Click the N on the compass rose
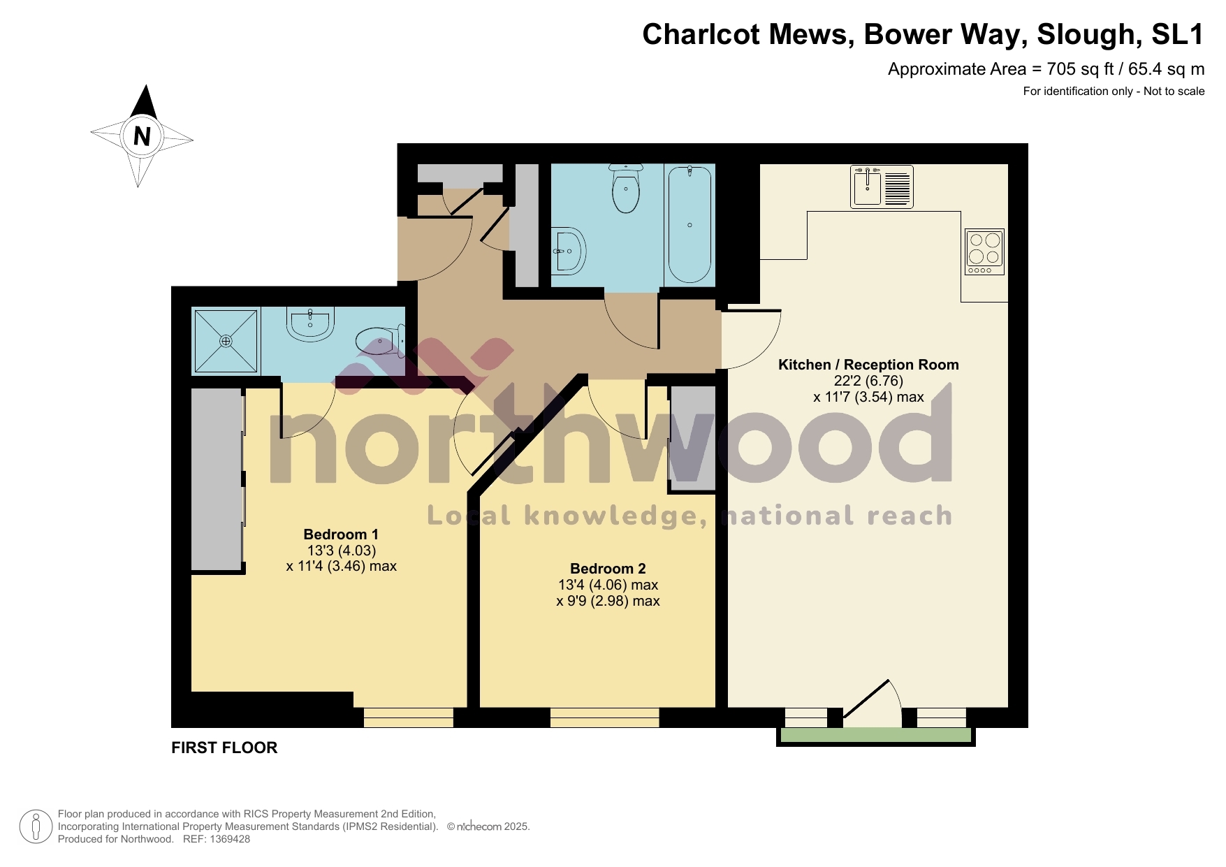[142, 136]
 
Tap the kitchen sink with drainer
[881, 187]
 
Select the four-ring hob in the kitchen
[984, 252]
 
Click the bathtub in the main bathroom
[689, 224]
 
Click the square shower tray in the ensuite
[226, 341]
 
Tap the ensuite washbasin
[310, 325]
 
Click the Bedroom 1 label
[340, 534]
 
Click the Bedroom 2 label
[607, 569]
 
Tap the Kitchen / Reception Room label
[868, 365]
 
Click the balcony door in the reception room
[870, 699]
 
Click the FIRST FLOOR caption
[224, 748]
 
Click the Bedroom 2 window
[604, 717]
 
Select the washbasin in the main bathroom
[569, 251]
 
